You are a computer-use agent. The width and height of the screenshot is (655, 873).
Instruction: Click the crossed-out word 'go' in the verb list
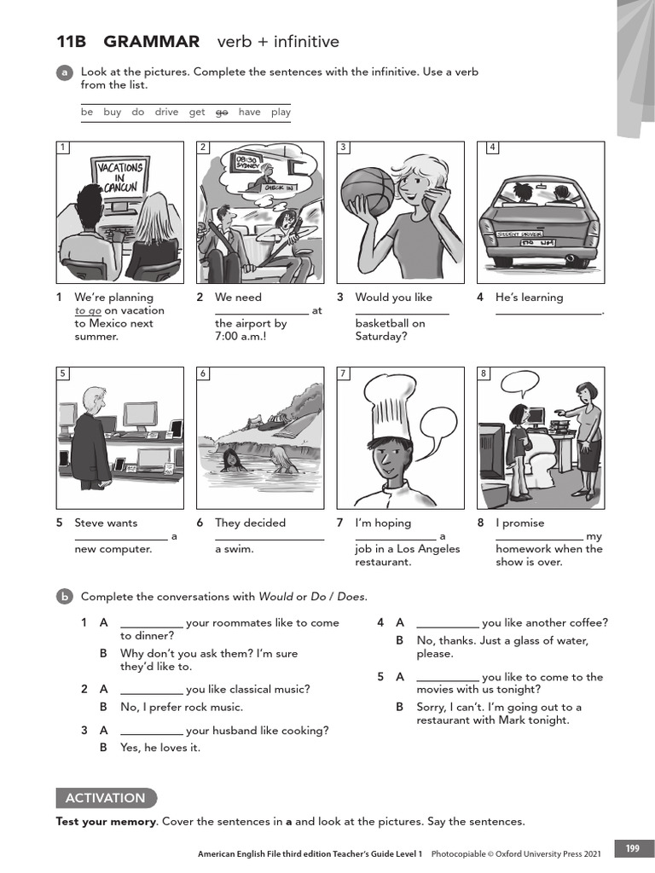click(222, 112)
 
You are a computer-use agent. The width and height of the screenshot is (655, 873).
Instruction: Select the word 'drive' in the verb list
click(166, 112)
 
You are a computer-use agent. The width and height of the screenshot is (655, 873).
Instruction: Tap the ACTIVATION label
click(106, 798)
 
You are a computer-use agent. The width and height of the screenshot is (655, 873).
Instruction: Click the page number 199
click(632, 848)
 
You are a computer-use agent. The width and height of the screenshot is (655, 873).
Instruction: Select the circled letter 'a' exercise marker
click(65, 73)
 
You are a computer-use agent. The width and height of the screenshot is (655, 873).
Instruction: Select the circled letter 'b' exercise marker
click(65, 598)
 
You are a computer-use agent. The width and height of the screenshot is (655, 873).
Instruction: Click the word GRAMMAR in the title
click(151, 42)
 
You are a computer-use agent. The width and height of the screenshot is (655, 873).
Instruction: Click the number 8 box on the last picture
click(484, 373)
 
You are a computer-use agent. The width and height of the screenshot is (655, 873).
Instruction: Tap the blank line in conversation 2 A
click(152, 690)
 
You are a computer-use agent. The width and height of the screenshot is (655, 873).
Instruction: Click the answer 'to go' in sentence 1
click(88, 311)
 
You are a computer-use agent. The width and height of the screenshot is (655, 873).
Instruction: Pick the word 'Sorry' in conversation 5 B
click(432, 707)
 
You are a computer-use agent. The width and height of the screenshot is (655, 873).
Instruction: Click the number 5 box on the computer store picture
click(63, 373)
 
